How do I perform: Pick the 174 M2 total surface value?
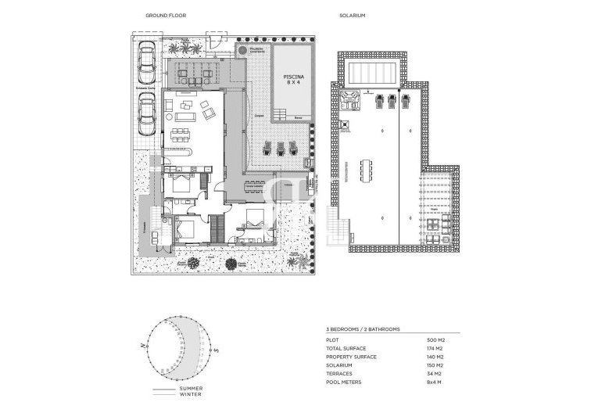click(437, 349)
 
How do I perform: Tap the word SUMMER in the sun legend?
click(192, 388)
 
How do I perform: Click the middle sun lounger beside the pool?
click(279, 146)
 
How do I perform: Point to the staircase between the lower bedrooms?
click(218, 228)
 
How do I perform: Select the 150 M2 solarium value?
click(437, 365)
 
